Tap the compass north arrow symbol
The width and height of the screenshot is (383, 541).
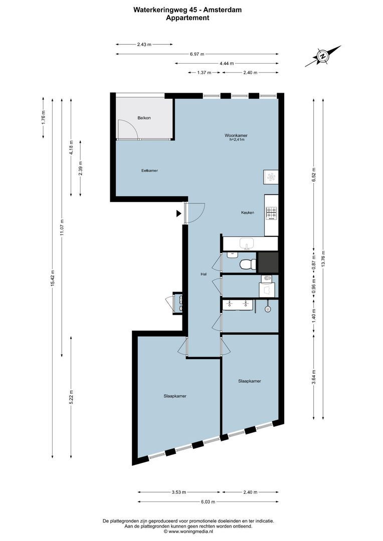[323, 56]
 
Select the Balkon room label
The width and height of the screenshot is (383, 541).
[144, 118]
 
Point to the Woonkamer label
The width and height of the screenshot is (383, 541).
[236, 135]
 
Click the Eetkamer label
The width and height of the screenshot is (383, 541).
[149, 171]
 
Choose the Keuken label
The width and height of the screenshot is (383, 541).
[248, 212]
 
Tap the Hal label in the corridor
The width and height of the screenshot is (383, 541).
[203, 274]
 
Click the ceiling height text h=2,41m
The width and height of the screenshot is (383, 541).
[236, 140]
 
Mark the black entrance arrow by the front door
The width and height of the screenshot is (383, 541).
[178, 213]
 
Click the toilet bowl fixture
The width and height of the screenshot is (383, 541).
[246, 264]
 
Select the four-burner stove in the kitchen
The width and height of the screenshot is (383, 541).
[271, 213]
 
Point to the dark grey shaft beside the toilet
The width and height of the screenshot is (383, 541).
[267, 262]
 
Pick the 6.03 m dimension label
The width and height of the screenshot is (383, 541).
[208, 501]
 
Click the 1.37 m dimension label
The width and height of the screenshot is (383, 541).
[204, 73]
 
